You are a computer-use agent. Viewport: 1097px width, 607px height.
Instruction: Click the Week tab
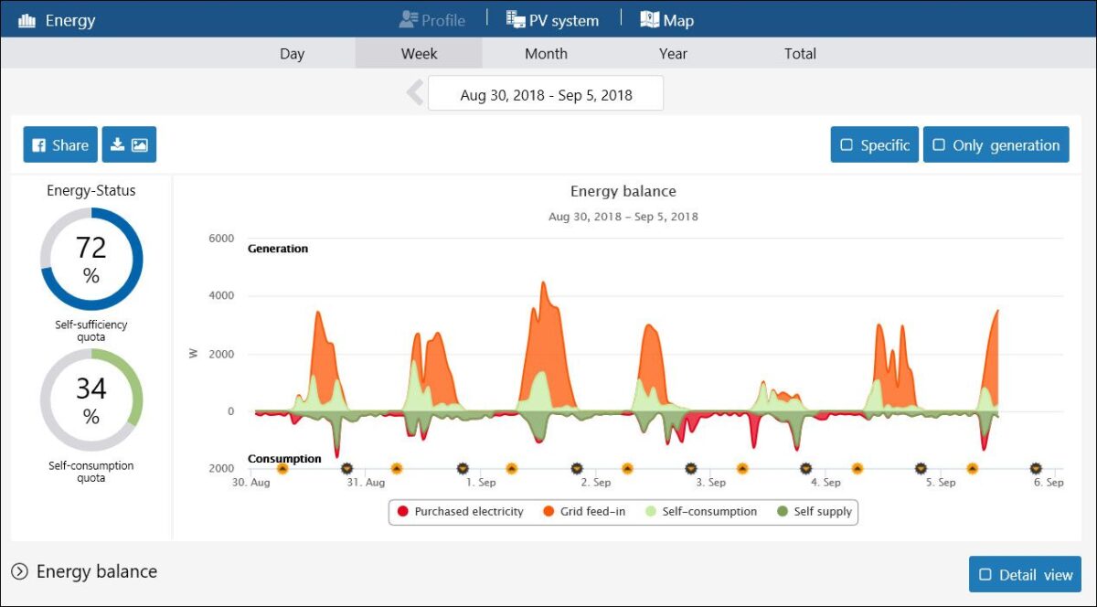pyautogui.click(x=419, y=53)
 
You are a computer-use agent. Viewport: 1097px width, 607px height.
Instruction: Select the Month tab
pyautogui.click(x=546, y=53)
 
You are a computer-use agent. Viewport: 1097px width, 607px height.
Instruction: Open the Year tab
pyautogui.click(x=673, y=53)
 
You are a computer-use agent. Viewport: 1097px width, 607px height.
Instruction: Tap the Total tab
pyautogui.click(x=800, y=53)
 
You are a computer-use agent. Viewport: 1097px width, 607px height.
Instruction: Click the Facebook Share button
pyautogui.click(x=60, y=144)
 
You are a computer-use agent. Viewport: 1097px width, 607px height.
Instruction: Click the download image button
pyautogui.click(x=129, y=144)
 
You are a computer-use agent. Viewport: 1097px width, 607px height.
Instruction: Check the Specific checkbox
pyautogui.click(x=847, y=145)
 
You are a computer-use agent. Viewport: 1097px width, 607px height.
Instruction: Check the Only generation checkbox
pyautogui.click(x=939, y=145)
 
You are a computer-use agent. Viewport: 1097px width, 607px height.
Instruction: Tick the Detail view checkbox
pyautogui.click(x=985, y=574)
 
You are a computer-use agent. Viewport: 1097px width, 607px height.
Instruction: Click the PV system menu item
pyautogui.click(x=552, y=20)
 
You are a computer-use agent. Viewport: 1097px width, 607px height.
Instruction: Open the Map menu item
pyautogui.click(x=666, y=20)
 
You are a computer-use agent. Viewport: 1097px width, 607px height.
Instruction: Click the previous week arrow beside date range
pyautogui.click(x=415, y=92)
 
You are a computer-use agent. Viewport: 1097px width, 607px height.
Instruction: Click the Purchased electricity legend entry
pyautogui.click(x=461, y=511)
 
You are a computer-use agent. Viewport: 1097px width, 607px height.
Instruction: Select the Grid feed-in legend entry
pyautogui.click(x=584, y=511)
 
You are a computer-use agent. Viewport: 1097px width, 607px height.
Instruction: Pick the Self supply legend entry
pyautogui.click(x=815, y=511)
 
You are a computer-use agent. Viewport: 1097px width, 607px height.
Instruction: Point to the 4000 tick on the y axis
pyautogui.click(x=221, y=295)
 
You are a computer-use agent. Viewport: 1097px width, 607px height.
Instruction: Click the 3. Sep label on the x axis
pyautogui.click(x=710, y=482)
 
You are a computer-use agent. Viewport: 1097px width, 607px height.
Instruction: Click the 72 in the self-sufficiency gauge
pyautogui.click(x=91, y=248)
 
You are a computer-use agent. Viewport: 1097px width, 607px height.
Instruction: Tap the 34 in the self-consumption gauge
pyautogui.click(x=91, y=389)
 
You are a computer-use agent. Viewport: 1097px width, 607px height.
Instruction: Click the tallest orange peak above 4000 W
pyautogui.click(x=543, y=282)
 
